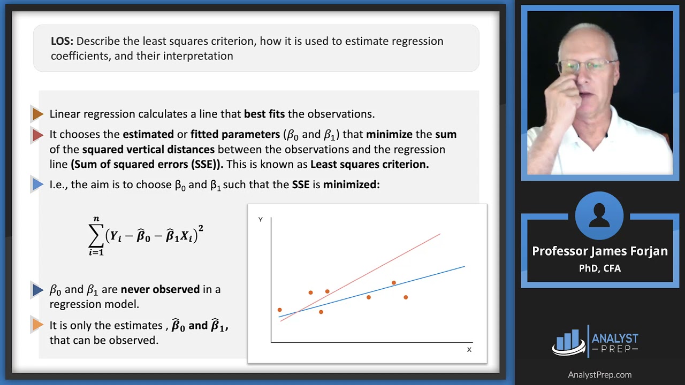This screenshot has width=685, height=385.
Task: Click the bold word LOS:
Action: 62,41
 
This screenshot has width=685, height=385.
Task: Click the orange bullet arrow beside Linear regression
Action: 38,114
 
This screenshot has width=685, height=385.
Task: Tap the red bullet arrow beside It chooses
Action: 38,135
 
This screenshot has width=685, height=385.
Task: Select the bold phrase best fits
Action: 264,114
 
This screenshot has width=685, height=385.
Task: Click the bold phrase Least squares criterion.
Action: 369,164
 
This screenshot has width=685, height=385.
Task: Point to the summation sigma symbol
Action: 96,236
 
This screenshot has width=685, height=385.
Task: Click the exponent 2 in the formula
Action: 201,228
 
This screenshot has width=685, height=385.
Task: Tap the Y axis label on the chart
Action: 261,219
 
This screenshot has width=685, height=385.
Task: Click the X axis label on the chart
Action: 469,350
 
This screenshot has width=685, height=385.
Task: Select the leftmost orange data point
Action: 279,310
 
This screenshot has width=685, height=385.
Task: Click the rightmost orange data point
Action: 406,297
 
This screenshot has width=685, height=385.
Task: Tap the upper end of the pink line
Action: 440,234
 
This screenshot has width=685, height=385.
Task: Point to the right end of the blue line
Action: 465,266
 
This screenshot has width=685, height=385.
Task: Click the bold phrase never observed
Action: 160,289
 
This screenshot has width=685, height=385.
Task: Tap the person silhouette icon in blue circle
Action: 599,215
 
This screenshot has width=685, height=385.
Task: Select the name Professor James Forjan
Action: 600,251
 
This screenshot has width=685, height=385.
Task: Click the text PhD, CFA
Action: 600,268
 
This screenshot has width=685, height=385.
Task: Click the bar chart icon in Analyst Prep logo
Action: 568,342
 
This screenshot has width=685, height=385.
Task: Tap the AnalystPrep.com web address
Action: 600,375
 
